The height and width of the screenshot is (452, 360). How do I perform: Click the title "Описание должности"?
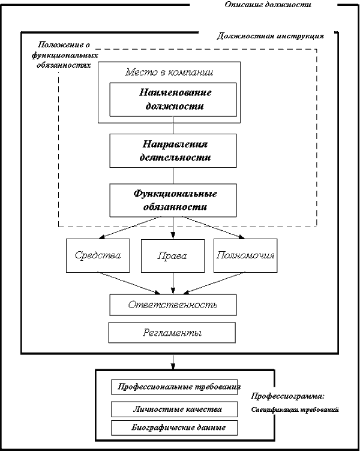click(x=268, y=5)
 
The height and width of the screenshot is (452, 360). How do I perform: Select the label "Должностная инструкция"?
click(x=270, y=36)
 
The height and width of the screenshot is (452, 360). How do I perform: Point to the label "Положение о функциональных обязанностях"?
click(x=65, y=55)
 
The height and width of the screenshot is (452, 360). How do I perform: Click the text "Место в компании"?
click(x=169, y=72)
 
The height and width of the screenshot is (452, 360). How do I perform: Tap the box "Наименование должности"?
click(x=173, y=100)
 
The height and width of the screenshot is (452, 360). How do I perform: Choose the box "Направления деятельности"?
click(x=173, y=150)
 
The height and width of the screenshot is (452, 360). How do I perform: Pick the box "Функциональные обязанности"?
click(x=173, y=200)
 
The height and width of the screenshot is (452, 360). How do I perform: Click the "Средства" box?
click(x=98, y=256)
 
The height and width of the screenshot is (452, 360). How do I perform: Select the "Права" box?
click(x=173, y=256)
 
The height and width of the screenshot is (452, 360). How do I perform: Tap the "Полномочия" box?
click(x=245, y=256)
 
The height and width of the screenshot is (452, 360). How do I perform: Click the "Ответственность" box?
click(x=173, y=305)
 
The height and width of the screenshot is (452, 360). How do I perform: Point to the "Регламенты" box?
click(x=172, y=333)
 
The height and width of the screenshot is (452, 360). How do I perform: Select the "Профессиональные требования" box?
click(x=175, y=387)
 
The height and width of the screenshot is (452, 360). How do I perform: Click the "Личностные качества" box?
click(x=175, y=409)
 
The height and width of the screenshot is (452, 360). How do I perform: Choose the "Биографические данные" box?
click(x=175, y=428)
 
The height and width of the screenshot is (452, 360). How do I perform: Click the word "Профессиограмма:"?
click(x=287, y=396)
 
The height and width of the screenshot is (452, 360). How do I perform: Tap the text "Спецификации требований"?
click(x=295, y=409)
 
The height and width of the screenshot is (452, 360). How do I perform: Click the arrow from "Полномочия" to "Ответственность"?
click(x=214, y=284)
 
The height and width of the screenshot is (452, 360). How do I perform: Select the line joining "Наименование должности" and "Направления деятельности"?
click(x=173, y=125)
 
